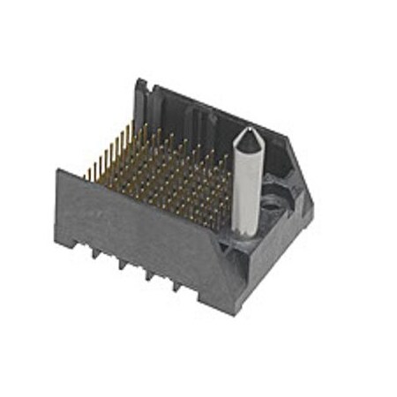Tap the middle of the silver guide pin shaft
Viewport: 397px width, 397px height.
pyautogui.click(x=244, y=181)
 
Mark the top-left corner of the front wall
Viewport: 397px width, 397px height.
pyautogui.click(x=58, y=169)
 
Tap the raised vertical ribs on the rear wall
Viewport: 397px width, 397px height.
pyautogui.click(x=190, y=119)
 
